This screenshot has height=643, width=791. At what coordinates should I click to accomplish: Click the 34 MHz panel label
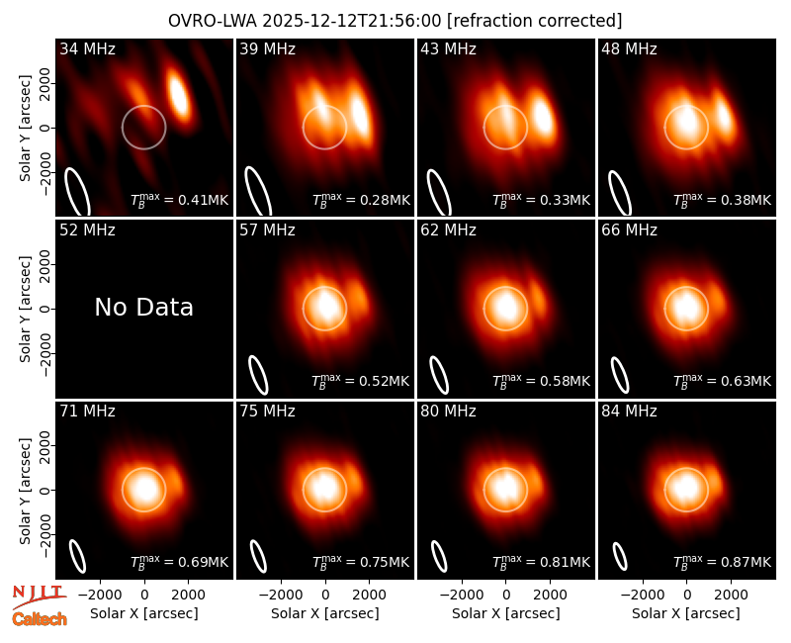tap(87, 48)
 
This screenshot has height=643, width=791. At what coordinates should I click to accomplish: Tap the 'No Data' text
tap(143, 307)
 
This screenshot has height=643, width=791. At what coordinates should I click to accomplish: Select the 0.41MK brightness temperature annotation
tap(180, 200)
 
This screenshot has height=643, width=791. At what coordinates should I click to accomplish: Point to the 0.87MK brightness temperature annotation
tap(723, 561)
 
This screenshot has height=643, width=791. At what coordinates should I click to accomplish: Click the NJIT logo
tap(39, 596)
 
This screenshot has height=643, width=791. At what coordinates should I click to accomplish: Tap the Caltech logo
tap(40, 619)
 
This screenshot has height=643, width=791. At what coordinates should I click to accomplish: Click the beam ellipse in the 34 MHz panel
tap(77, 192)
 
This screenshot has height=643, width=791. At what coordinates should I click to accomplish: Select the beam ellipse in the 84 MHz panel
tap(620, 556)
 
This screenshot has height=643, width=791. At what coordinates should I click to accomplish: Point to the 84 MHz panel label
tap(629, 412)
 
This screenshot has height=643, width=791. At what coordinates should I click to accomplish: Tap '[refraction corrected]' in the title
tap(534, 21)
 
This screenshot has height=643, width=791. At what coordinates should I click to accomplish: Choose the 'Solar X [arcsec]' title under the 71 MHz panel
tap(144, 613)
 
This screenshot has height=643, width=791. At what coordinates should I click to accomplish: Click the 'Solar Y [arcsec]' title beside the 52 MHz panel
tap(25, 309)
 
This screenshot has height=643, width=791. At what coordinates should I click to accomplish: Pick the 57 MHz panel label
tap(267, 230)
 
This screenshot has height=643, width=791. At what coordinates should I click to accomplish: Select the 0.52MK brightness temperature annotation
tap(360, 381)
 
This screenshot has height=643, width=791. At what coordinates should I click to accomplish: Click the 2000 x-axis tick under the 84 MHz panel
tap(731, 596)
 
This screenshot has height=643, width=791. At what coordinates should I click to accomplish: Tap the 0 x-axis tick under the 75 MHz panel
tap(325, 596)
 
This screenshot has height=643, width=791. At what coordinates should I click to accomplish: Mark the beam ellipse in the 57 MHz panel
tap(258, 375)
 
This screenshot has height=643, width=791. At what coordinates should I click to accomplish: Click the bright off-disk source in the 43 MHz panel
tap(542, 116)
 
